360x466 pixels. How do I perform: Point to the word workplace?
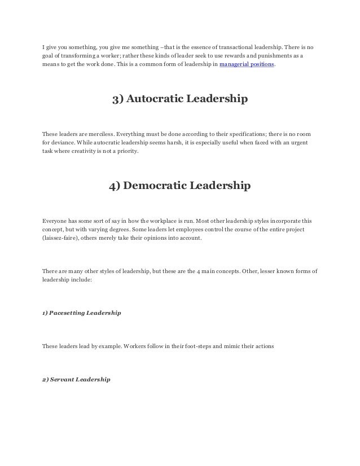[x=139, y=220]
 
